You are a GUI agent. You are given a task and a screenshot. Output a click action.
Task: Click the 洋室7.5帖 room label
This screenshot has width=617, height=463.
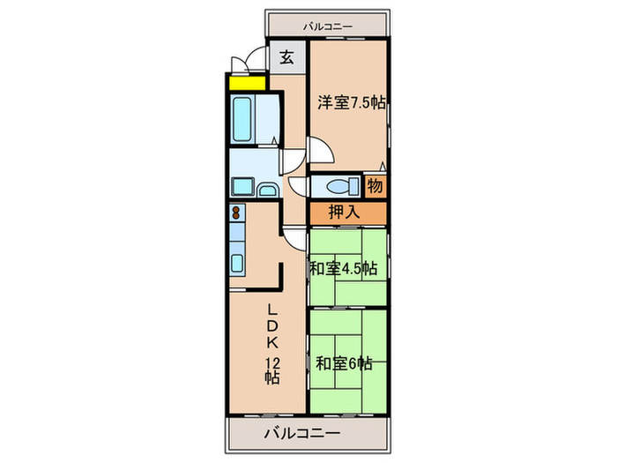point(350,101)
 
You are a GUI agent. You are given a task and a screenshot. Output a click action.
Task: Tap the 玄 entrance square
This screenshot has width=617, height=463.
point(287,58)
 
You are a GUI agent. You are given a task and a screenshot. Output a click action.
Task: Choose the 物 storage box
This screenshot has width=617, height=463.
point(375,186)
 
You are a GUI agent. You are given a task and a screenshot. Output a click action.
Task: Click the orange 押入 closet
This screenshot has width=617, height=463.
point(346,213)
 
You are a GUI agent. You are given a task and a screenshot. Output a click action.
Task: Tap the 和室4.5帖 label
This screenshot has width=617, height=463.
point(345,267)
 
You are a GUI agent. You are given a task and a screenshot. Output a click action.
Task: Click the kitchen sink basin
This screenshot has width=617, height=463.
point(237,262)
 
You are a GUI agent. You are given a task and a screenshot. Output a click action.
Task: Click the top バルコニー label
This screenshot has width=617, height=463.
point(328,26)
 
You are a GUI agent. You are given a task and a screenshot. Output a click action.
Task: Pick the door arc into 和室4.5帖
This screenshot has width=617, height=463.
point(294,239)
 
